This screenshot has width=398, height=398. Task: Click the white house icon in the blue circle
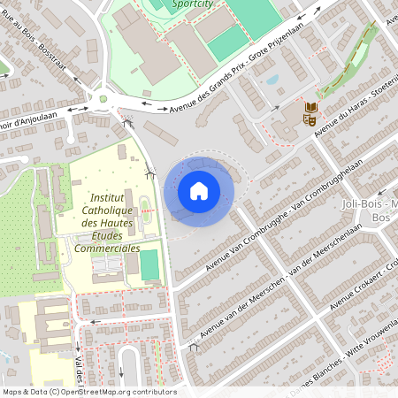(198, 190)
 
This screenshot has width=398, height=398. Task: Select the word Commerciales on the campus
(107, 249)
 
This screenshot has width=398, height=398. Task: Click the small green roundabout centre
(103, 98)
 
